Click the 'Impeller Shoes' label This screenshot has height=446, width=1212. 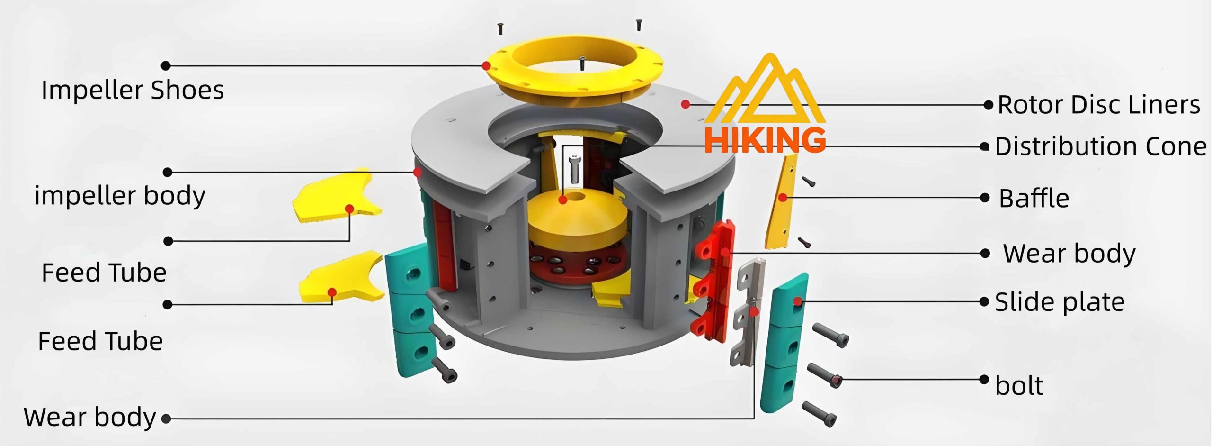pyautogui.click(x=133, y=90)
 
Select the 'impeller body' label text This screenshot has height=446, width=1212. pyautogui.click(x=120, y=196)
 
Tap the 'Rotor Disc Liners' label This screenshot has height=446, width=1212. pyautogui.click(x=1098, y=105)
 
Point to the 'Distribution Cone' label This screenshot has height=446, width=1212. pyautogui.click(x=1100, y=146)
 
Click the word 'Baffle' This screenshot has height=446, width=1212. pyautogui.click(x=1034, y=198)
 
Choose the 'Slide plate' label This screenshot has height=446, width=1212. pyautogui.click(x=1060, y=302)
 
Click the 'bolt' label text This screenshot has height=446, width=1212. pyautogui.click(x=1019, y=386)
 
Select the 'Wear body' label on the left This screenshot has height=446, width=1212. pyautogui.click(x=90, y=417)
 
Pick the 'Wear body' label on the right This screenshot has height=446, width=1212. pyautogui.click(x=1069, y=254)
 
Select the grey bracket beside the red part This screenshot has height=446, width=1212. pyautogui.click(x=748, y=313)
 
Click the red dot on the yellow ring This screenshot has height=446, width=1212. pyautogui.click(x=486, y=65)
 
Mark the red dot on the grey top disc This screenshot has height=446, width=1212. pyautogui.click(x=685, y=104)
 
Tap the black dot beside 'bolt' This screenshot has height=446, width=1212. pyautogui.click(x=984, y=379)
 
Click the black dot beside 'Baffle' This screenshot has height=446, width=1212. pyautogui.click(x=985, y=198)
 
